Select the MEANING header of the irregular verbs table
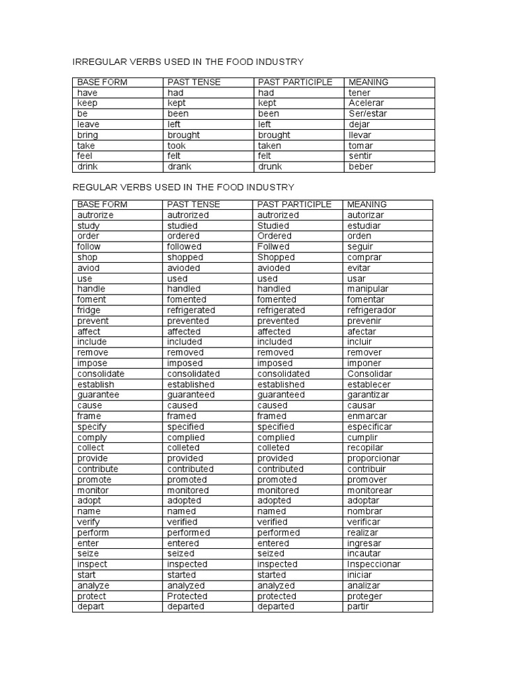[368, 82]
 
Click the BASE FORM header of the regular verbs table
[102, 205]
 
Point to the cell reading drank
[179, 167]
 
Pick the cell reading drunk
[270, 167]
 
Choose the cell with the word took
[177, 146]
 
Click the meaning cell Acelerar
[366, 103]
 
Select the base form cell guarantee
[99, 395]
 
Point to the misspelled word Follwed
[274, 247]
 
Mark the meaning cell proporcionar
[374, 459]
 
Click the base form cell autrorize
[95, 215]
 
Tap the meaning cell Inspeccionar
[374, 565]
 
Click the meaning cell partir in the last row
[358, 606]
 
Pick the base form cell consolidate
[101, 374]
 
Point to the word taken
[269, 146]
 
